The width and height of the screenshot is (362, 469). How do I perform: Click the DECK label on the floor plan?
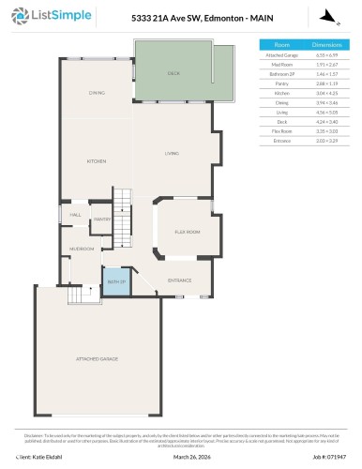173,72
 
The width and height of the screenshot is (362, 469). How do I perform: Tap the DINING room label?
98,93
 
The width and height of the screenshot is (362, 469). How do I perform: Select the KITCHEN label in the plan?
97,161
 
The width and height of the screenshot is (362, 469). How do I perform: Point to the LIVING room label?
172,154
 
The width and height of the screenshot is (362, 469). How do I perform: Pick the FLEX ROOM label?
188,231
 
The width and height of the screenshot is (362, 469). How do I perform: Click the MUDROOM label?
81,249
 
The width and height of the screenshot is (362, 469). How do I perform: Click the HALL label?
76,215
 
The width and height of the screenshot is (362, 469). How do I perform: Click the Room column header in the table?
281,45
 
